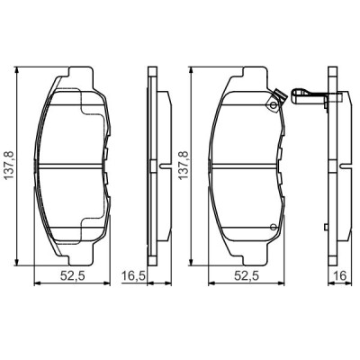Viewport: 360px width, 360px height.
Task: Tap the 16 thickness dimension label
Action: tap(339, 275)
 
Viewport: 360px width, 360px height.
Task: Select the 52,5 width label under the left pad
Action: tap(73, 275)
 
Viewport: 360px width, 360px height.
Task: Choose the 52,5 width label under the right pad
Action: tap(247, 275)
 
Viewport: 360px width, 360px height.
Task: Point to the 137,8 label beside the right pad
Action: tap(184, 166)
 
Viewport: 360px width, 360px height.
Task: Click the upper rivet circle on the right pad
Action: tap(273, 105)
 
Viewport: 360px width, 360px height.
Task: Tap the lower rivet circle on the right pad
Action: tap(273, 227)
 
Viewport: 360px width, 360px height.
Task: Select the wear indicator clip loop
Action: tap(300, 95)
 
